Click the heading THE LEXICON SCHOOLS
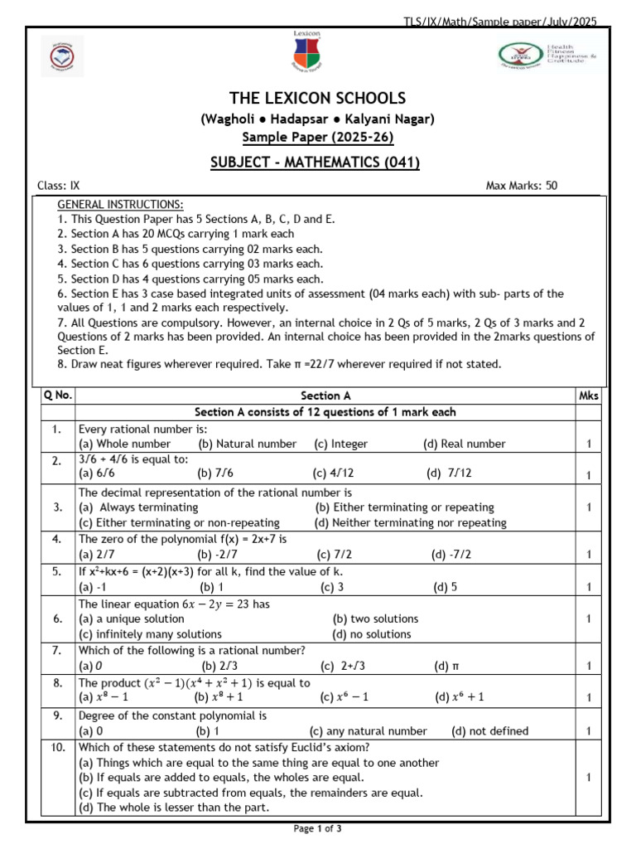click(318, 98)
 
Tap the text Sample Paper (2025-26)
click(318, 137)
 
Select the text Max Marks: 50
click(522, 186)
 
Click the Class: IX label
click(59, 186)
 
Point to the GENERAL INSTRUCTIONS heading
click(120, 205)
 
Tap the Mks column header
click(589, 396)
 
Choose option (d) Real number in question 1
click(464, 444)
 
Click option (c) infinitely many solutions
click(150, 634)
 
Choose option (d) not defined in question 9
click(489, 731)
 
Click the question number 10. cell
click(55, 747)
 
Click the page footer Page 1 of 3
click(318, 828)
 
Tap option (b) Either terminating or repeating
click(404, 507)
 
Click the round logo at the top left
click(58, 57)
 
